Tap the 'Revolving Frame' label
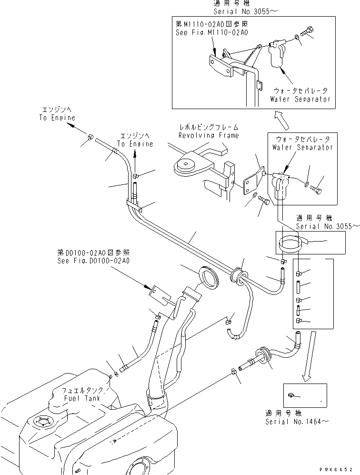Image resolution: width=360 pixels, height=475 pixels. click(208, 135)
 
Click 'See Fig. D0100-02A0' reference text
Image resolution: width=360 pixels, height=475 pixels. click(93, 261)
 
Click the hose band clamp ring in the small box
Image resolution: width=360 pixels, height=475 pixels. click(291, 244)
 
